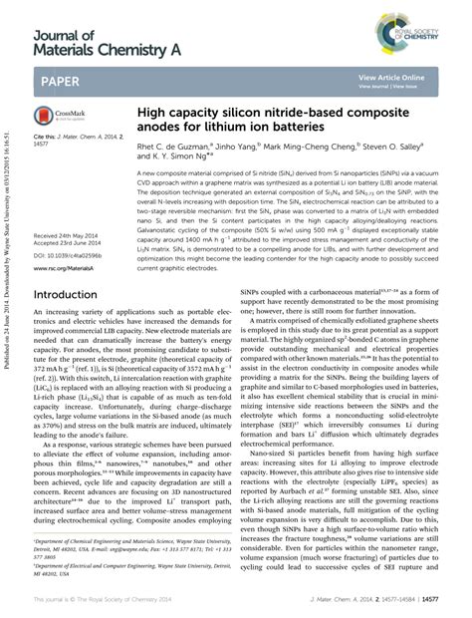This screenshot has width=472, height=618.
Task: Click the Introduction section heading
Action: pyautogui.click(x=73, y=296)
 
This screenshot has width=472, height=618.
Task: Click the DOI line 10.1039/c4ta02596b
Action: pyautogui.click(x=70, y=256)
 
